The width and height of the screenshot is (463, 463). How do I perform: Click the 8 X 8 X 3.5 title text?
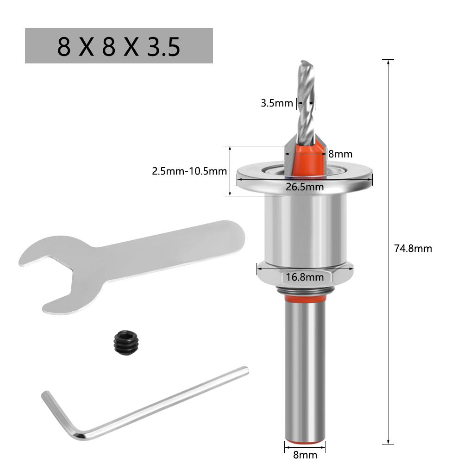119,46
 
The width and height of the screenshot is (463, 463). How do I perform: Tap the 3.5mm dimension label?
277,103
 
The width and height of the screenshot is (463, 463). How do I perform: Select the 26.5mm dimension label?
304,187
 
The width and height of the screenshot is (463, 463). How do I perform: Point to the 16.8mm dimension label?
304,277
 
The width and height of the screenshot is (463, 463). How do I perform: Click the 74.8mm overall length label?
413,249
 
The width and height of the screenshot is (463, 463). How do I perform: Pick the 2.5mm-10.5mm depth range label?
189,171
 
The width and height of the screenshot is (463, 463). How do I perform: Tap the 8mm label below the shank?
306,454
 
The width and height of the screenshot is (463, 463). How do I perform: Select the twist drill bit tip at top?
304,65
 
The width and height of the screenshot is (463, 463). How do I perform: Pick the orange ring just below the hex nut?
305,300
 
